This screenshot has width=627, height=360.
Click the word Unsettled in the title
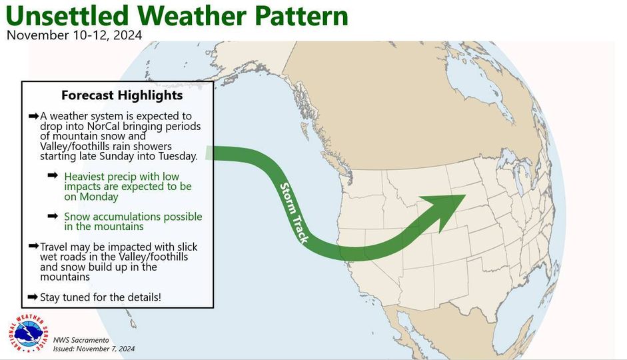(x=67, y=15)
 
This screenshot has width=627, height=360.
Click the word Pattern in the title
(x=301, y=15)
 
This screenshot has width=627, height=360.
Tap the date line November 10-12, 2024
(x=75, y=35)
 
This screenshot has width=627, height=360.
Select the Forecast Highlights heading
(x=122, y=95)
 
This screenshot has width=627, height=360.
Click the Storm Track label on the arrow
(x=295, y=213)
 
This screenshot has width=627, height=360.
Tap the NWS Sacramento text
(x=81, y=340)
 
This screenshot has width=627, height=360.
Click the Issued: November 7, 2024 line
(x=94, y=349)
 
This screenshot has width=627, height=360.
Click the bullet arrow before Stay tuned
(x=33, y=297)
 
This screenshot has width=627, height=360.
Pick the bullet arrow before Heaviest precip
(x=53, y=175)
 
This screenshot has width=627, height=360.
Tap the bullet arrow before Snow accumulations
(x=53, y=216)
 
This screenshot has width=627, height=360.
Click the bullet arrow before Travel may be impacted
(x=33, y=245)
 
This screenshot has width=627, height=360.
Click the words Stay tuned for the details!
(x=101, y=297)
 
